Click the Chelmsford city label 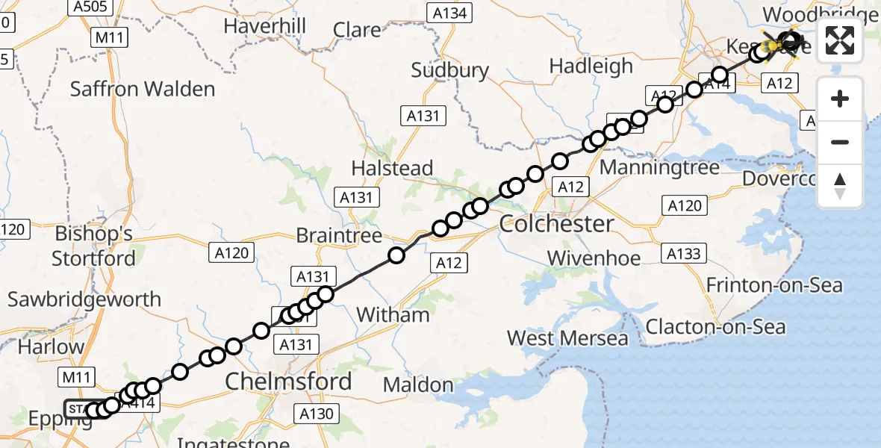click(288, 382)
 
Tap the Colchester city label click(556, 223)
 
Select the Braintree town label click(339, 235)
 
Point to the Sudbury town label click(450, 71)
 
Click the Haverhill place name click(265, 26)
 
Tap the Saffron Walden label click(143, 90)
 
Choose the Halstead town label click(392, 169)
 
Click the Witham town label click(393, 315)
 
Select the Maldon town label click(418, 385)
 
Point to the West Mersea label click(567, 338)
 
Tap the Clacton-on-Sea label click(715, 327)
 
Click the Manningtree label click(659, 167)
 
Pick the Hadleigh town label click(591, 66)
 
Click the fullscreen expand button click(840, 40)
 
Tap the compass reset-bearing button click(840, 186)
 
